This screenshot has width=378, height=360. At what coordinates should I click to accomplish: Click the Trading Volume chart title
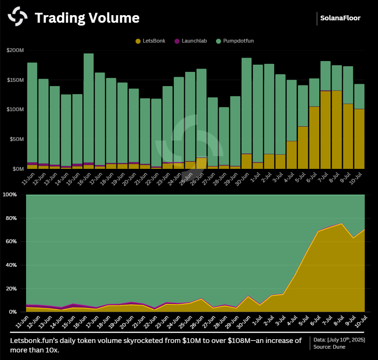click(x=87, y=18)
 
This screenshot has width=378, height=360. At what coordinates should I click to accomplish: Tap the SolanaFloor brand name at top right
click(x=340, y=18)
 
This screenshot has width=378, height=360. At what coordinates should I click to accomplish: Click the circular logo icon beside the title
click(x=18, y=18)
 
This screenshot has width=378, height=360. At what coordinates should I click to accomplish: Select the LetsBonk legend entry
click(x=151, y=41)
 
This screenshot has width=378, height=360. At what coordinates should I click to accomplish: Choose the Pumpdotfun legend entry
click(x=235, y=41)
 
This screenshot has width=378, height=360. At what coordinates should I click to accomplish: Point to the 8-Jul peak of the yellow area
click(x=341, y=224)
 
